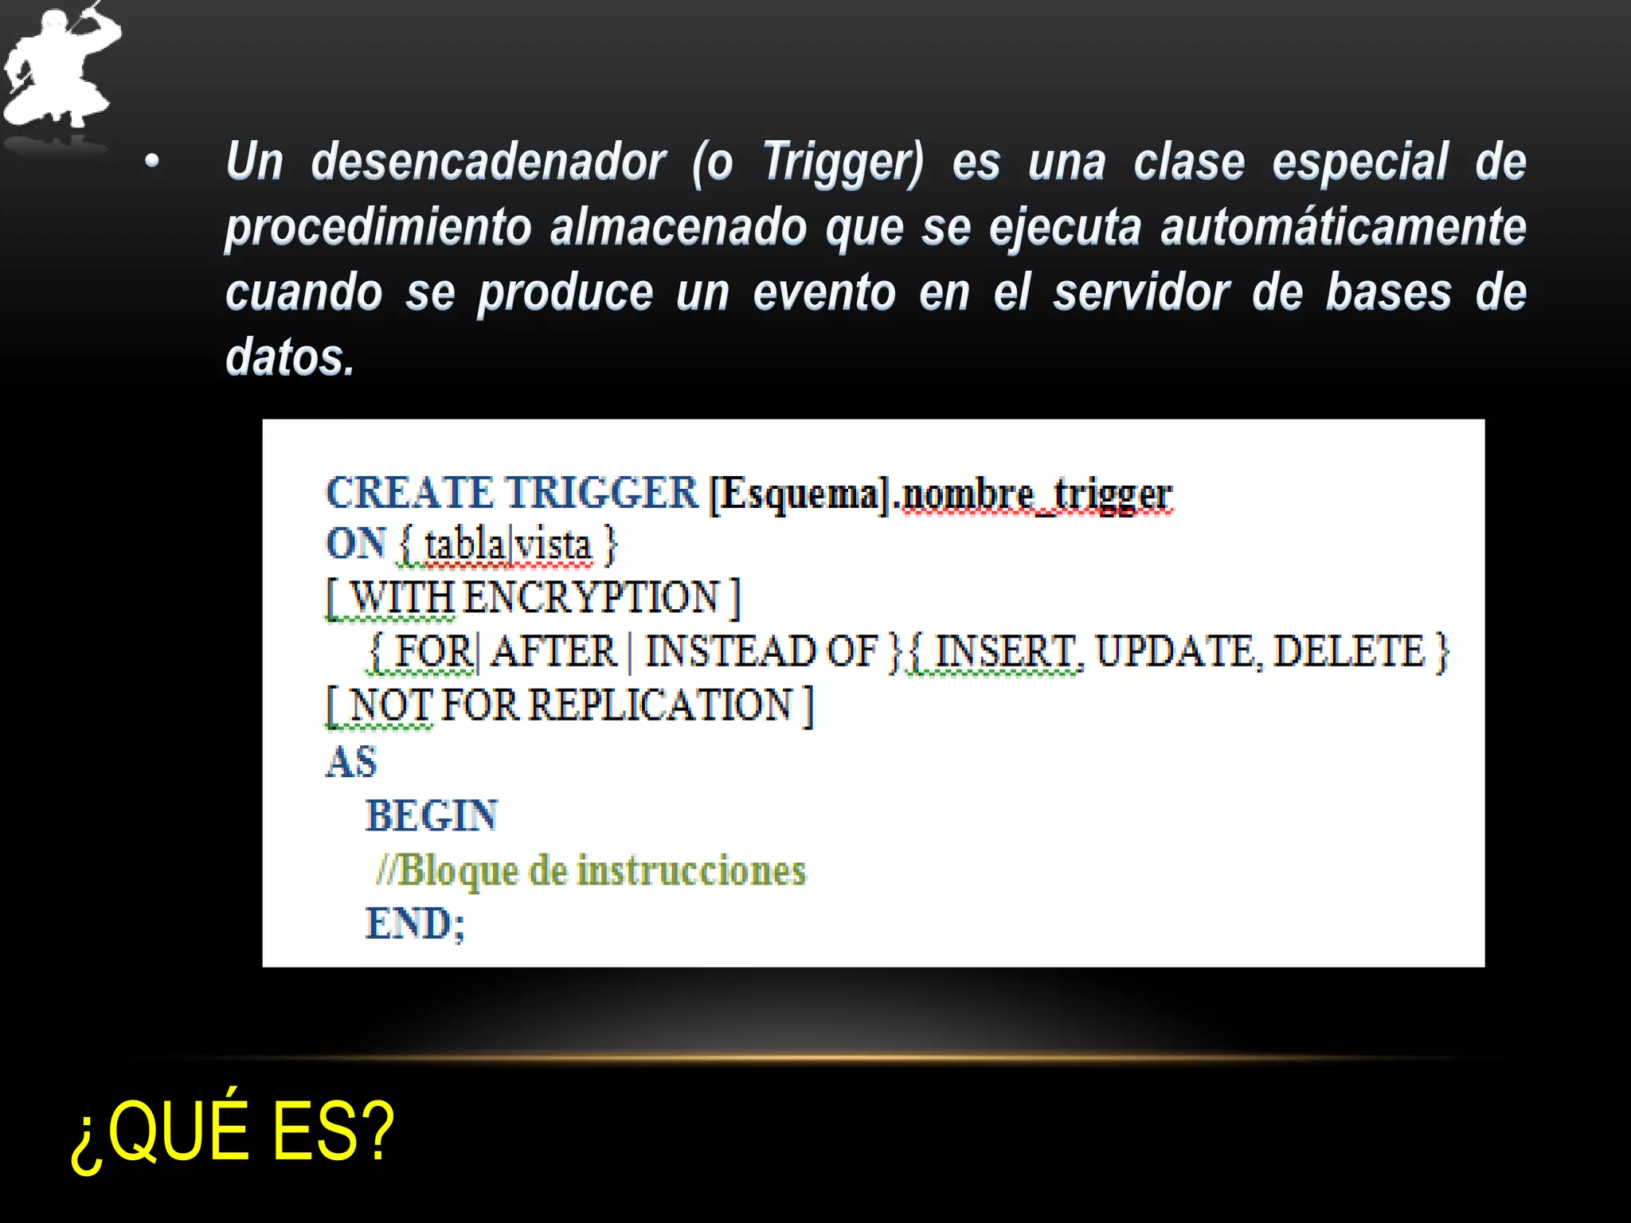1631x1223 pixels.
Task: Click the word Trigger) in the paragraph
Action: [x=843, y=162]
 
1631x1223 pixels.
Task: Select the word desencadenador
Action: [x=487, y=162]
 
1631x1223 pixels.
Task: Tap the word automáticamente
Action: [x=1343, y=228]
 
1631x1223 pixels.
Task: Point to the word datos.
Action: [x=289, y=358]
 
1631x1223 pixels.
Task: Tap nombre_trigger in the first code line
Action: [x=1036, y=495]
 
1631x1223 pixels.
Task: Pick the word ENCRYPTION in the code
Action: [x=591, y=597]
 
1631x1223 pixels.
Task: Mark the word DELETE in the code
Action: [x=1348, y=651]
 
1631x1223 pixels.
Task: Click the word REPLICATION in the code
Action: [x=660, y=705]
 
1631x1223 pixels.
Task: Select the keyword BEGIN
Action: [x=432, y=816]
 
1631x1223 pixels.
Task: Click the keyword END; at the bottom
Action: [x=415, y=924]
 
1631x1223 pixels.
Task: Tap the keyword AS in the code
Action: [x=351, y=762]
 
